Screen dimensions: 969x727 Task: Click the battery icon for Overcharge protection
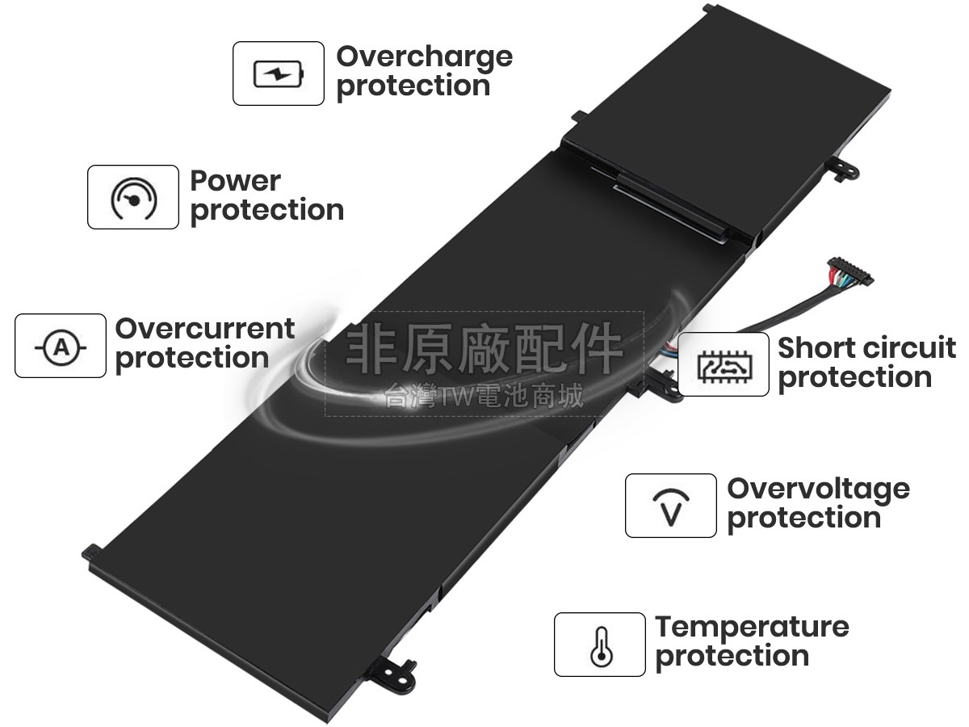[279, 74]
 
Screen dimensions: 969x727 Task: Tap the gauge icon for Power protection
[133, 198]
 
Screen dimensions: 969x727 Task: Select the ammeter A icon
[61, 348]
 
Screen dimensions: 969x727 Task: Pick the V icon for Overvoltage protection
[671, 507]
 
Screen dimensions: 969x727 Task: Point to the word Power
[235, 181]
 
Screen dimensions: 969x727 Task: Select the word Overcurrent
[205, 329]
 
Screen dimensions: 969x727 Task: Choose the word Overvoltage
[819, 490]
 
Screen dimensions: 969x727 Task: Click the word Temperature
[752, 628]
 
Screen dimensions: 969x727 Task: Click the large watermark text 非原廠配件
[484, 349]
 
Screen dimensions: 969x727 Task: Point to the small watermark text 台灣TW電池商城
[484, 396]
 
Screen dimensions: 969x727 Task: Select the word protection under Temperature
[732, 658]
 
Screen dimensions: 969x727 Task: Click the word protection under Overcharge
[413, 87]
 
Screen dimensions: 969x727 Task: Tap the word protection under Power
[267, 212]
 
